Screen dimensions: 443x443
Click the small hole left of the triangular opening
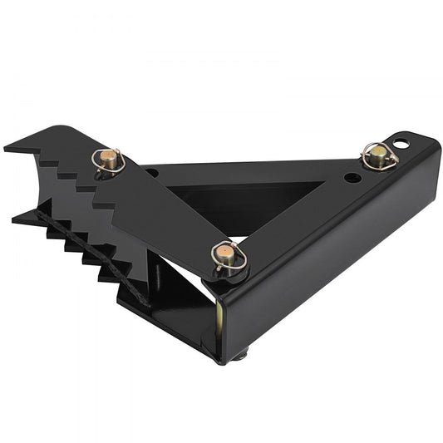[152, 173]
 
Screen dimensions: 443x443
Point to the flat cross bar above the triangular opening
[249, 172]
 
